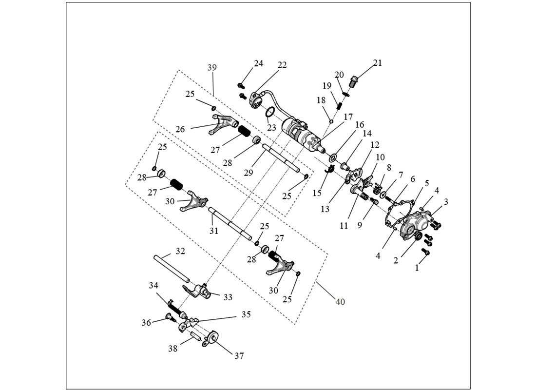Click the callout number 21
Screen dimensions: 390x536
(x=378, y=63)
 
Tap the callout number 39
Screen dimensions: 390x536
(x=212, y=68)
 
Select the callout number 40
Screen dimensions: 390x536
(x=340, y=302)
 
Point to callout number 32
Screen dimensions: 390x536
(x=180, y=252)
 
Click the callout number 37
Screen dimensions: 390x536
(x=239, y=356)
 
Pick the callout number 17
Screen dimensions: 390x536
(x=347, y=117)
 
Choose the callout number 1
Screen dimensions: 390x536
(x=417, y=267)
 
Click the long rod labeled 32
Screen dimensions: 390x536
(x=171, y=268)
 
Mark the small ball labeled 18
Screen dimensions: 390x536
(x=331, y=121)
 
